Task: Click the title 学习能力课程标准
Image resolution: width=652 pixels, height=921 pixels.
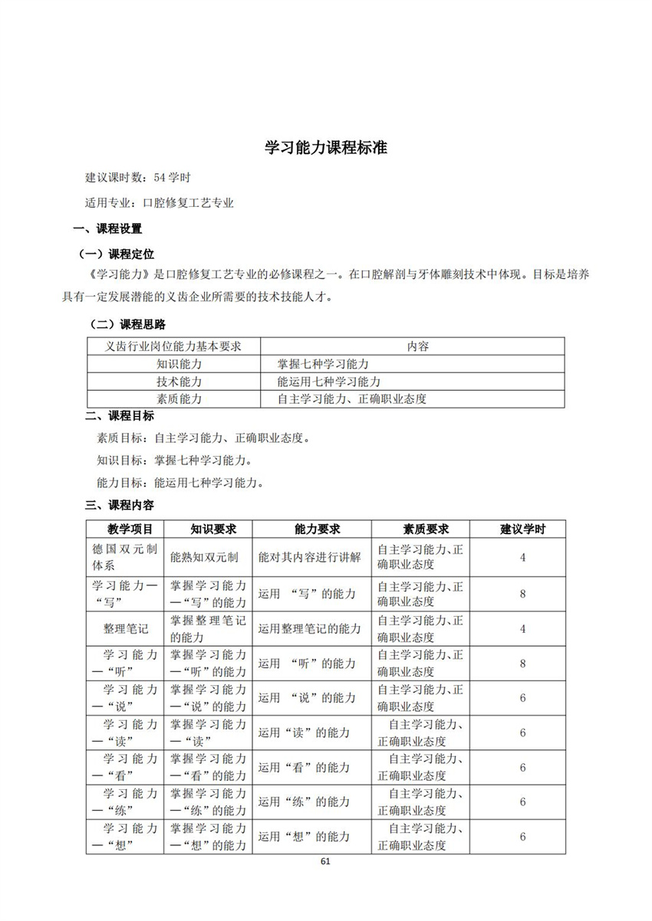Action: [x=326, y=148]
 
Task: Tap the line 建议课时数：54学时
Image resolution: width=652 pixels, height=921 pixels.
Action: [x=138, y=177]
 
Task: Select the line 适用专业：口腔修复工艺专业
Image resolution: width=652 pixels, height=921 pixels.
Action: [x=160, y=203]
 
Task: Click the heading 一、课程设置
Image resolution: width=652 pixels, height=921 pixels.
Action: [x=107, y=228]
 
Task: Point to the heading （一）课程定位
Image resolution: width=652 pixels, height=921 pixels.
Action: [x=117, y=254]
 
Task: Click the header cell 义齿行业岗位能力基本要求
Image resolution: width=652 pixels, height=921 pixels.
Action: [x=173, y=346]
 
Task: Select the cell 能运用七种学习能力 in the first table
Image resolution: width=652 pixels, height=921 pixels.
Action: [x=329, y=381]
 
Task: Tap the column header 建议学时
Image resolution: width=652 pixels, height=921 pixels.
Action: [x=522, y=529]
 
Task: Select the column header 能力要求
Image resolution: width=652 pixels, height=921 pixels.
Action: [x=311, y=529]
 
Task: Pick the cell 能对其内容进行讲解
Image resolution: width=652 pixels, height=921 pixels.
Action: [x=310, y=557]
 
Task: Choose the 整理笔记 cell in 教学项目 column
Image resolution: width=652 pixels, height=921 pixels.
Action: [x=126, y=628]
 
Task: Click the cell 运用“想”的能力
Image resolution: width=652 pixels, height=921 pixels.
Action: [x=305, y=837]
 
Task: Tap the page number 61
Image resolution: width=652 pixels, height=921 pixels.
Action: [x=325, y=861]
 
